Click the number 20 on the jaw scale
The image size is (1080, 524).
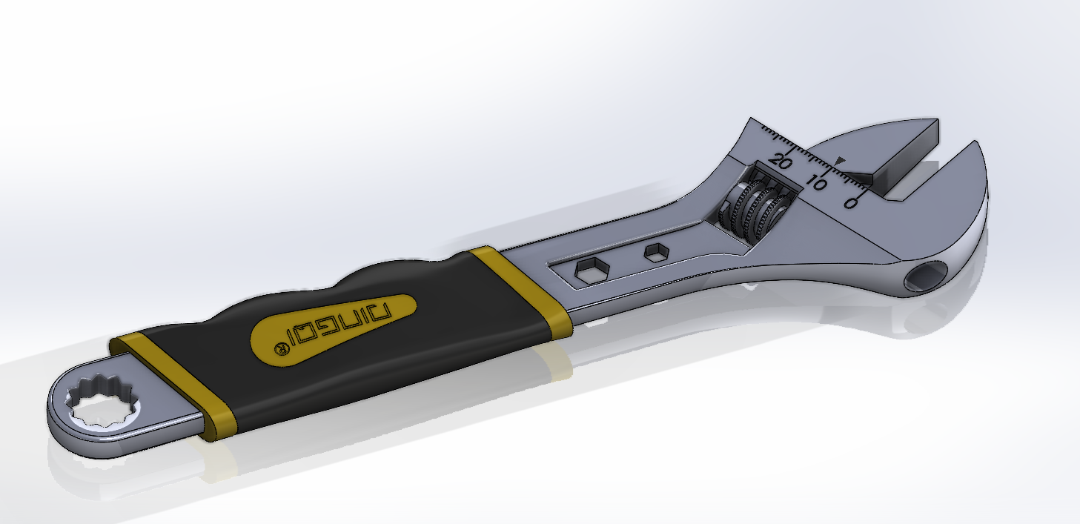[781, 161]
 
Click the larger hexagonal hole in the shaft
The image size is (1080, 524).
[591, 271]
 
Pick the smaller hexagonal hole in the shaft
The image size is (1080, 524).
[655, 253]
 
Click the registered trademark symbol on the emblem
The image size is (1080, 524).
[281, 349]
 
